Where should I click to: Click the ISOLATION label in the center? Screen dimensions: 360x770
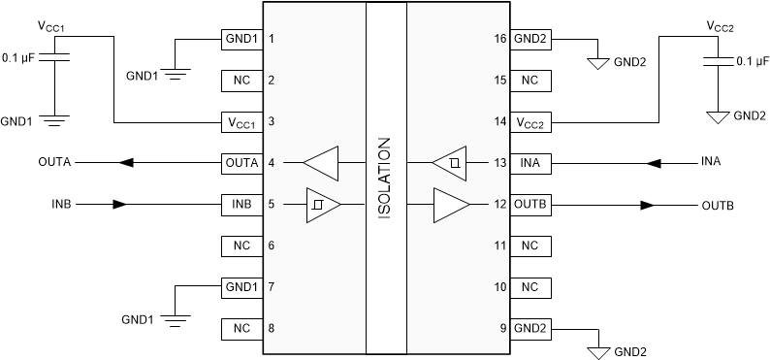tap(385, 180)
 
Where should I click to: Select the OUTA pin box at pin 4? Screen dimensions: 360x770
tap(241, 162)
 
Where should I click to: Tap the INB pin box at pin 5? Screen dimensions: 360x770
tap(241, 205)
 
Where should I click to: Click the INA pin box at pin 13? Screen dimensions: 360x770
tap(529, 162)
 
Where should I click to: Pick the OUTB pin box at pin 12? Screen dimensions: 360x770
tap(529, 205)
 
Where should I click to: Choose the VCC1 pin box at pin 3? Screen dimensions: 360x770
tap(241, 122)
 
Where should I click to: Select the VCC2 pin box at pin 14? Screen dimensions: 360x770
tap(529, 122)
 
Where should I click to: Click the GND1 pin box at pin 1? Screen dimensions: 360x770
tap(241, 39)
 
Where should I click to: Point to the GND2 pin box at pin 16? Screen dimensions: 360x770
tap(529, 39)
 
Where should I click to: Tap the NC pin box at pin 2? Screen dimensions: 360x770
tap(241, 80)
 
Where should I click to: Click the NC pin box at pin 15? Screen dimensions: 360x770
tap(529, 80)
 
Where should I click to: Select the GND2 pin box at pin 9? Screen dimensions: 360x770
tap(529, 329)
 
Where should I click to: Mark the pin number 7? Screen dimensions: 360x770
tap(272, 288)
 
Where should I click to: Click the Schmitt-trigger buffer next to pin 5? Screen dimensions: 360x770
tap(323, 205)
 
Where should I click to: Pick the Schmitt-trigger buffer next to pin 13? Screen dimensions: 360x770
tap(449, 162)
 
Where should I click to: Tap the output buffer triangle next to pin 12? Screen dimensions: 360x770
tap(449, 205)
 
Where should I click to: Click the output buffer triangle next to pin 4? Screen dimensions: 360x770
tap(321, 162)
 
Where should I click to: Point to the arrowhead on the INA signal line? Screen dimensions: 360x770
tap(655, 162)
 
